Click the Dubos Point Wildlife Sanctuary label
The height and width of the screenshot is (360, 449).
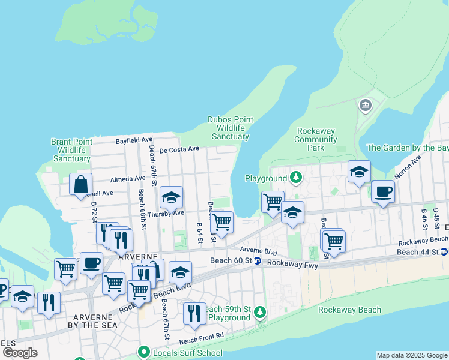coord(228,128)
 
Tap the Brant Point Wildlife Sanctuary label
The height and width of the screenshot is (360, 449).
coord(71,150)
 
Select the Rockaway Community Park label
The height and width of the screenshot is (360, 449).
coord(316,139)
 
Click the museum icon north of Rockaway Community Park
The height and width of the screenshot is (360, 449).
coord(365,107)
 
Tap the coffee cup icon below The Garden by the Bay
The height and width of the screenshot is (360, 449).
coord(383,193)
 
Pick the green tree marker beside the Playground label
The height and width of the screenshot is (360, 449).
coord(295,178)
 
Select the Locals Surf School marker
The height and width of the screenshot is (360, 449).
coord(143,353)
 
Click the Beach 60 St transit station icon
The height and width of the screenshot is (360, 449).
coord(257,260)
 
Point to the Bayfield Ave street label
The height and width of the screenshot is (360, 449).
coord(134,139)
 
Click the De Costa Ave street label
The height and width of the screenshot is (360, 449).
coord(179,149)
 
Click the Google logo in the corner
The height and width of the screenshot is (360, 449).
coord(20,353)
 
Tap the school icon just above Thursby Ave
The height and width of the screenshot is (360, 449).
coord(171,197)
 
